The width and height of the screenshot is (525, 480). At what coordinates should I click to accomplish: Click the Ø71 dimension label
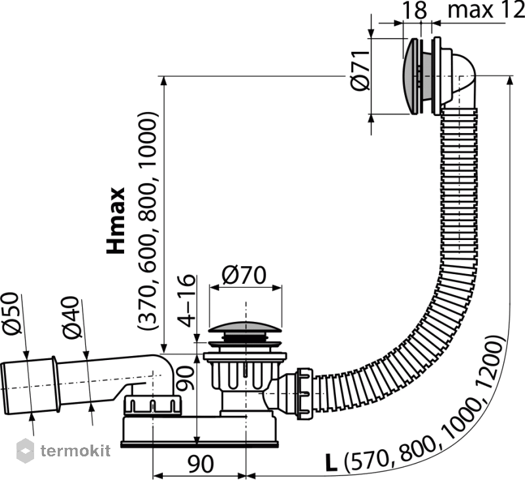click(360, 71)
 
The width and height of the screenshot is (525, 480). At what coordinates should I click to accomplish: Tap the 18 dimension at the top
click(415, 10)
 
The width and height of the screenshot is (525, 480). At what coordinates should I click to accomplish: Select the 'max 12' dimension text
click(486, 10)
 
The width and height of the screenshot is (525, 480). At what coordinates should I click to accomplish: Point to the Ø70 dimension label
click(243, 275)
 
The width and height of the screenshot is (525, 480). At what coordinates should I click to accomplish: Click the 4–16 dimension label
click(186, 300)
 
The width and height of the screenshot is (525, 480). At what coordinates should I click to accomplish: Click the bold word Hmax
click(116, 221)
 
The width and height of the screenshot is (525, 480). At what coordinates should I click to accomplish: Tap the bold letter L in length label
click(331, 463)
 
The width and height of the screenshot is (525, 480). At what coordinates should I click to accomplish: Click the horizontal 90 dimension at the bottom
click(200, 464)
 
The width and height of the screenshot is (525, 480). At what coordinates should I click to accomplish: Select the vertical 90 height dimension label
click(185, 378)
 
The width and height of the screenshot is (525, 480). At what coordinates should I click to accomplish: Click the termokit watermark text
click(75, 451)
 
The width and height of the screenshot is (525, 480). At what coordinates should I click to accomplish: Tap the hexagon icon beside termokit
click(25, 451)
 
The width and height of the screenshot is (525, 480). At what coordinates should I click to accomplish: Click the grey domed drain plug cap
click(245, 327)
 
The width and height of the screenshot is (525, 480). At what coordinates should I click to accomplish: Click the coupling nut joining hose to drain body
click(304, 393)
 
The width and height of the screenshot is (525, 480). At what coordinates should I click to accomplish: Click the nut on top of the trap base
click(152, 405)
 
